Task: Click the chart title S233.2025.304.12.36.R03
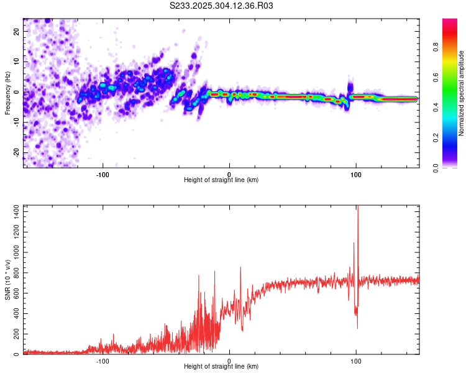[222, 6]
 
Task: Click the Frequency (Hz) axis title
[7, 93]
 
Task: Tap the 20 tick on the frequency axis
[17, 30]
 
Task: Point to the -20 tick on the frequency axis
[17, 152]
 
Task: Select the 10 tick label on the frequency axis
[17, 61]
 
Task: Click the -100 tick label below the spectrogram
[103, 173]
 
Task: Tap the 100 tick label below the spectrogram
[356, 173]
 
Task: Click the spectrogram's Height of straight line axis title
[221, 180]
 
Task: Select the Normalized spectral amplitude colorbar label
[462, 93]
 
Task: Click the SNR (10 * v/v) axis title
[7, 280]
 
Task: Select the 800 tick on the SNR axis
[14, 273]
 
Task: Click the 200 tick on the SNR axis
[14, 334]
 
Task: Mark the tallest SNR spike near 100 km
[357, 208]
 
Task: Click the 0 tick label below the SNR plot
[229, 361]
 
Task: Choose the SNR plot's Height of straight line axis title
[221, 367]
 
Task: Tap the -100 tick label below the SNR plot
[103, 361]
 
